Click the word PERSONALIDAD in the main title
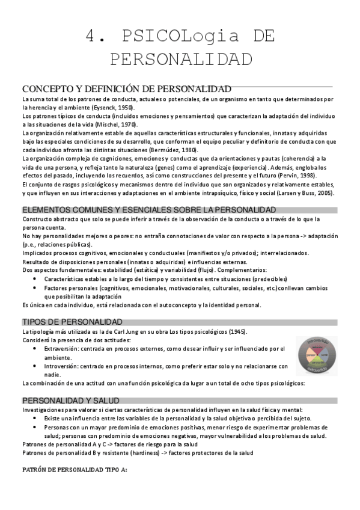180,60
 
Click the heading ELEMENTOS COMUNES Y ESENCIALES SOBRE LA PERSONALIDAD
148,210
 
